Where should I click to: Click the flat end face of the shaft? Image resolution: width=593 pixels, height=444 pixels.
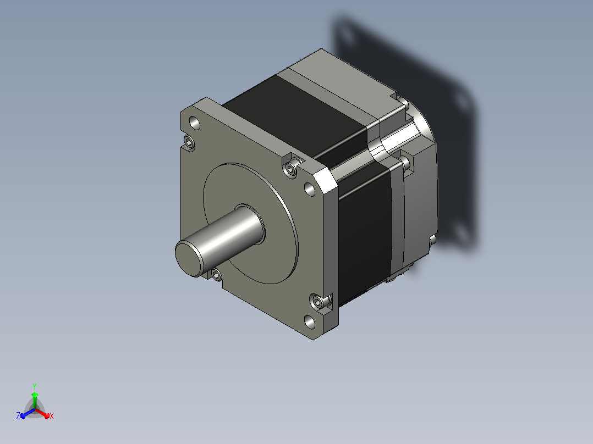pyautogui.click(x=189, y=259)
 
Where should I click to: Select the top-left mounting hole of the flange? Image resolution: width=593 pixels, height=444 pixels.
pyautogui.click(x=195, y=123)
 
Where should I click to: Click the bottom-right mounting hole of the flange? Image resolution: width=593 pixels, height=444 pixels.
pyautogui.click(x=310, y=322)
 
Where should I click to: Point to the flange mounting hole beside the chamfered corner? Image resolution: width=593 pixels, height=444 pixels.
pyautogui.click(x=310, y=189)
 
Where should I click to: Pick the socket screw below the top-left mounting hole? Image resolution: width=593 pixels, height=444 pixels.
pyautogui.click(x=189, y=142)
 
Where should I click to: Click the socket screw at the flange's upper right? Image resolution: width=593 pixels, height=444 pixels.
pyautogui.click(x=290, y=169)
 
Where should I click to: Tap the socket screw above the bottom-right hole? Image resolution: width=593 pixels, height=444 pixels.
pyautogui.click(x=318, y=302)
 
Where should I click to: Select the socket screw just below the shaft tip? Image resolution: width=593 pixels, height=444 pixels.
pyautogui.click(x=216, y=275)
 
